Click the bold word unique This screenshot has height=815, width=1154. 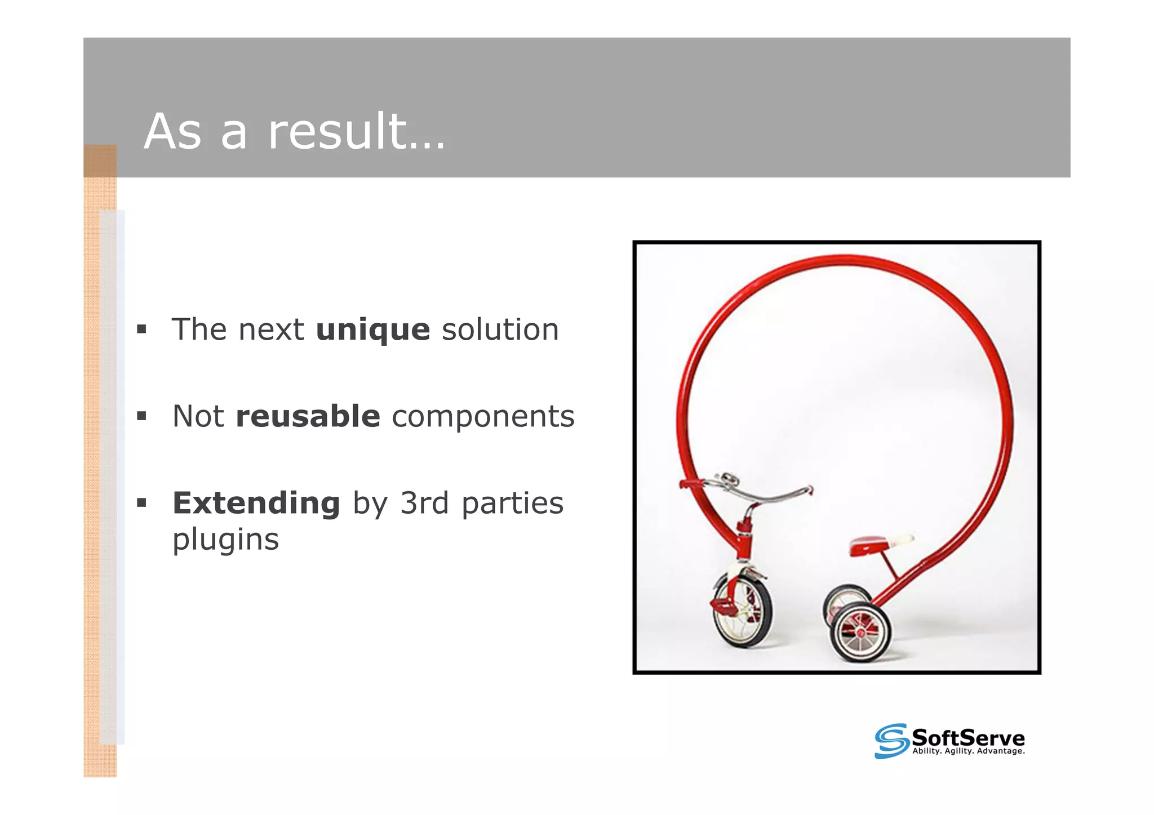373,330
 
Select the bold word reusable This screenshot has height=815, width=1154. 308,417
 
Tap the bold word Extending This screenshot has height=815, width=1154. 256,503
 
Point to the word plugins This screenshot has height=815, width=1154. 225,540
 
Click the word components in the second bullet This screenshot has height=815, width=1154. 483,417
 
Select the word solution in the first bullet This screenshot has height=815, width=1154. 500,330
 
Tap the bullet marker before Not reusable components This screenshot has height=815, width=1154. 141,416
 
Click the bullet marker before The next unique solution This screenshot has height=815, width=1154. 141,329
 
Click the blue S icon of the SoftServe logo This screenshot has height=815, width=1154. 891,741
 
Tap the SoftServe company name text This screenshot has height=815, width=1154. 967,737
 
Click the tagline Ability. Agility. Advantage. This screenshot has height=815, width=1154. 968,751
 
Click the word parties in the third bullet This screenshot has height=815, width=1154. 512,503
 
